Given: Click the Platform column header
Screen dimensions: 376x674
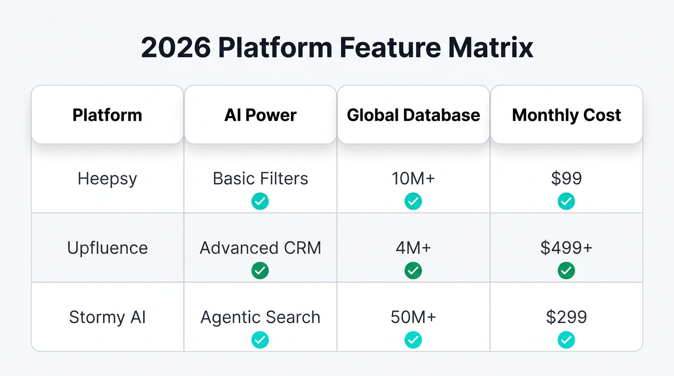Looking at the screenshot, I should click(x=107, y=115).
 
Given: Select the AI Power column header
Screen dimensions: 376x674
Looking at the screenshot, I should click(x=260, y=115).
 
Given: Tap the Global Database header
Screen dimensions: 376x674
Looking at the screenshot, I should click(x=413, y=115).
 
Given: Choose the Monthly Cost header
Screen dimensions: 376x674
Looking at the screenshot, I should click(x=566, y=115).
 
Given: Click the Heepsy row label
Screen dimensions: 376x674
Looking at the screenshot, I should click(x=107, y=179).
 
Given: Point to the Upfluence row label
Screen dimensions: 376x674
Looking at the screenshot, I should click(x=107, y=248).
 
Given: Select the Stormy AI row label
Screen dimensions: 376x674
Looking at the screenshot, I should click(x=107, y=317).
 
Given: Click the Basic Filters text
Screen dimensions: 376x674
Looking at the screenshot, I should click(x=260, y=179).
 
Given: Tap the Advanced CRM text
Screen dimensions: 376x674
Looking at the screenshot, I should click(x=260, y=248).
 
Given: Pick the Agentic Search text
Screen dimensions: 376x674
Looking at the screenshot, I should click(x=260, y=317).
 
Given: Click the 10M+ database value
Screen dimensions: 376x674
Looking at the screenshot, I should click(x=413, y=179).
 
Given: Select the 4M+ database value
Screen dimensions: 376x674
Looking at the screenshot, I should click(x=413, y=248).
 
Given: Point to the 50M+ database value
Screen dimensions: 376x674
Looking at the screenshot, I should click(x=413, y=317).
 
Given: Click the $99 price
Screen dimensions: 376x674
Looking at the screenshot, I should click(x=566, y=179).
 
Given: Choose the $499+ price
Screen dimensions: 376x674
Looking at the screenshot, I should click(x=566, y=248).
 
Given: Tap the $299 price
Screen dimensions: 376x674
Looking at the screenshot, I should click(x=566, y=317).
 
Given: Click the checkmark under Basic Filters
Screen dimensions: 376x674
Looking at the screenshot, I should click(x=260, y=201).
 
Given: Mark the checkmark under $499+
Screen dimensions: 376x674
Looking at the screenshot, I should click(x=566, y=270).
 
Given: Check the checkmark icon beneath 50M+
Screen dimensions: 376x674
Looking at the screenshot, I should click(x=413, y=340).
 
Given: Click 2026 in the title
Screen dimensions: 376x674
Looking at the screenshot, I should click(x=176, y=48).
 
